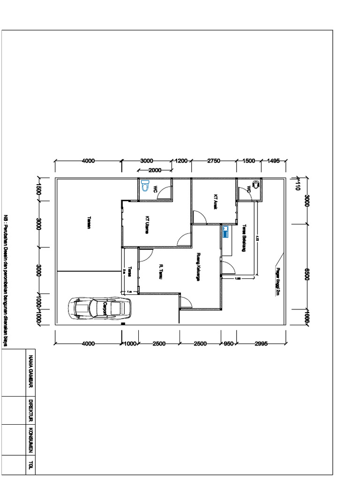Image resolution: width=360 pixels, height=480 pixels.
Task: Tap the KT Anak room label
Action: tap(216, 202)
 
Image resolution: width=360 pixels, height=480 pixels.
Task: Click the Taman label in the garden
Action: tap(89, 223)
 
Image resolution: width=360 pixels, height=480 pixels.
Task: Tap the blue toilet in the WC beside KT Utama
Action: tap(145, 184)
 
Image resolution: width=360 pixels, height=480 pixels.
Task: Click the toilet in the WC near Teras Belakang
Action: tap(255, 185)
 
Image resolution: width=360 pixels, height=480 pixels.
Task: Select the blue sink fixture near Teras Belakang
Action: tap(225, 232)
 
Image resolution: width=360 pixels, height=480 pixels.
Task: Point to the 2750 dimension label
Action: tap(213, 161)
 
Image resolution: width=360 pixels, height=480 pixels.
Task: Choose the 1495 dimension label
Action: tap(273, 161)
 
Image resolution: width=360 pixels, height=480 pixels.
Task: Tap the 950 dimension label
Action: tap(228, 344)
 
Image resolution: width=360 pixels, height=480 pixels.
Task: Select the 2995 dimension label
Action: tap(261, 344)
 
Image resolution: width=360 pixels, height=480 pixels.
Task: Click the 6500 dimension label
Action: tap(307, 274)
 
